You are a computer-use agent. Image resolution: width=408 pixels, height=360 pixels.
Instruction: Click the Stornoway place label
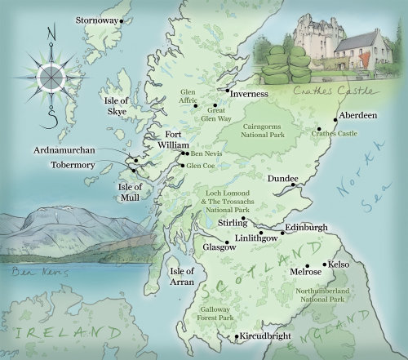(x=95, y=18)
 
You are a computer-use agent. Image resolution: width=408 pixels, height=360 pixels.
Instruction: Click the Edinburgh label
(x=307, y=226)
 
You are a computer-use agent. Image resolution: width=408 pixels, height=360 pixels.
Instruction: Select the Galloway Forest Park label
(x=223, y=314)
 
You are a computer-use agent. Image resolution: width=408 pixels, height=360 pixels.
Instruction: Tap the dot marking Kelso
(x=324, y=265)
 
